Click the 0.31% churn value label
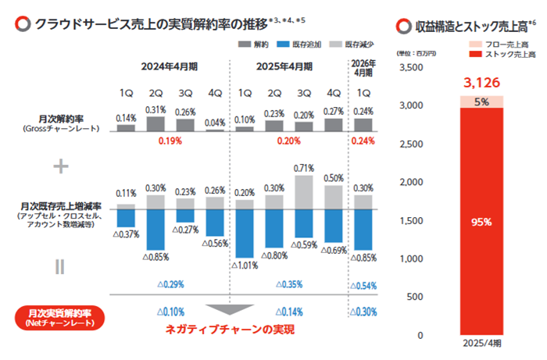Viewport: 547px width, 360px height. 155,109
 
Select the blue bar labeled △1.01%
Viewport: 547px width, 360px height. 245,233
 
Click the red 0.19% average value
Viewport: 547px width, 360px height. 170,141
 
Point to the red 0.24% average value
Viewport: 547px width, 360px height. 363,141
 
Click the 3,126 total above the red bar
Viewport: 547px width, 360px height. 480,82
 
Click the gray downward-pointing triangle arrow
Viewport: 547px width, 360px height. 229,308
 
